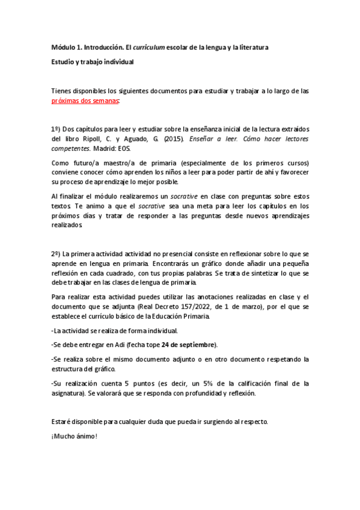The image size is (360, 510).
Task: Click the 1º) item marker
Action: tap(55, 129)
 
